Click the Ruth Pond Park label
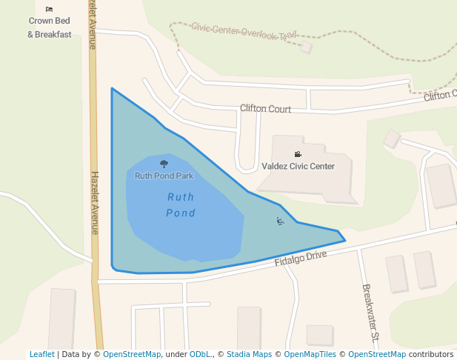point(164,176)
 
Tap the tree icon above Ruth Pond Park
point(164,164)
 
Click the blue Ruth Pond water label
point(181,205)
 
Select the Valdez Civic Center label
point(298,167)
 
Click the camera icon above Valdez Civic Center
point(298,154)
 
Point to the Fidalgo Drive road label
point(300,258)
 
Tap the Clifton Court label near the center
point(265,109)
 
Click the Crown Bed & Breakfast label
point(50,28)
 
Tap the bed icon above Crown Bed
point(49,9)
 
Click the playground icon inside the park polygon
point(280,221)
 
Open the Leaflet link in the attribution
point(41,355)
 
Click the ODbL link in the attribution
point(200,355)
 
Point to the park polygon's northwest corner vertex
point(112,88)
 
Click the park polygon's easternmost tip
point(345,240)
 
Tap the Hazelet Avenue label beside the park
point(95,203)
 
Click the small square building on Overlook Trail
point(306,47)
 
